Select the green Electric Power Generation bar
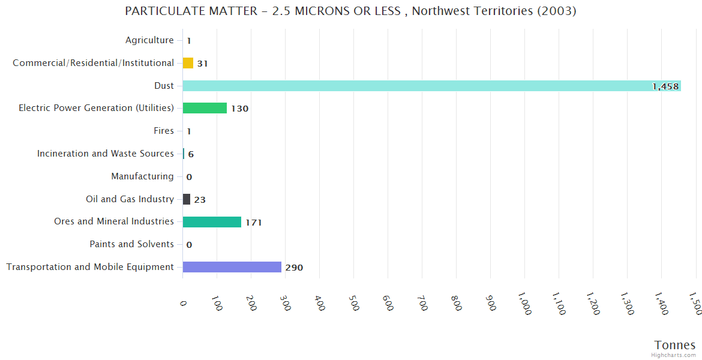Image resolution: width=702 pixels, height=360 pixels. [x=205, y=108]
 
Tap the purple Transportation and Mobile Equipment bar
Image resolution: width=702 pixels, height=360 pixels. [x=232, y=267]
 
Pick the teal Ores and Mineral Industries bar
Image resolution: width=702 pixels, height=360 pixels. [x=212, y=221]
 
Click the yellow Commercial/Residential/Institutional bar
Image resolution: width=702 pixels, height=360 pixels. [x=188, y=63]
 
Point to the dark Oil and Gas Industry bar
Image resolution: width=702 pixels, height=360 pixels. [x=187, y=199]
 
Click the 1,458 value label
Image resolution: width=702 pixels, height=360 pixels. [x=665, y=86]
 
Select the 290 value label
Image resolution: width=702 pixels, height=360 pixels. [x=294, y=268]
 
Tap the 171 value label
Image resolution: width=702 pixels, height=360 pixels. [x=253, y=223]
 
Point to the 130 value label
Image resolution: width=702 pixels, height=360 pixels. [x=239, y=109]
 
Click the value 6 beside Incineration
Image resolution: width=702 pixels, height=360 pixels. [x=191, y=154]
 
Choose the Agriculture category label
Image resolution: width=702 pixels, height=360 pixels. [x=149, y=40]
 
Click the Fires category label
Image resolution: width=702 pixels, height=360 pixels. [x=164, y=131]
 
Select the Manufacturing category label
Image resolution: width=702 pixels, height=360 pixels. [x=142, y=176]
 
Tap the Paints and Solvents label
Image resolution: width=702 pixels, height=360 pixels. [x=131, y=244]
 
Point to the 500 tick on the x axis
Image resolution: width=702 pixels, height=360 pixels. [x=353, y=305]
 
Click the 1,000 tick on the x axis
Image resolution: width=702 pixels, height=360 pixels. [x=524, y=307]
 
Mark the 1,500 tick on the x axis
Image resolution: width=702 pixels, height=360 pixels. [x=695, y=307]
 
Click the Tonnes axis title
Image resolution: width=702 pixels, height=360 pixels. [x=674, y=345]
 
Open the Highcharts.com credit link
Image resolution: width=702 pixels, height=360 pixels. [x=674, y=355]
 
